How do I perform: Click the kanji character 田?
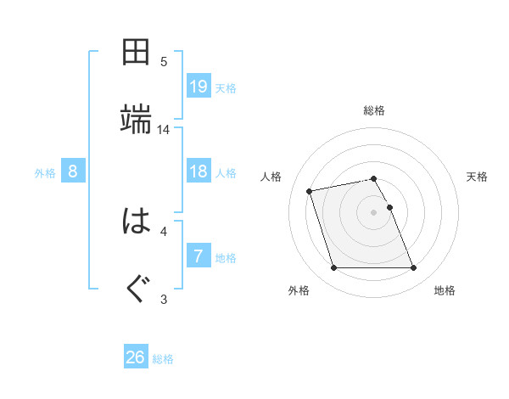(136, 53)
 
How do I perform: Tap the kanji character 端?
(136, 120)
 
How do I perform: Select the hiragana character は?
(136, 222)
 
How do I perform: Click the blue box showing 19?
(199, 87)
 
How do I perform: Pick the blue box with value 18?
(199, 171)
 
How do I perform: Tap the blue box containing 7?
(199, 256)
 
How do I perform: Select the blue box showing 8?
(73, 171)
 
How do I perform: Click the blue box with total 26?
(136, 357)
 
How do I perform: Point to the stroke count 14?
(164, 130)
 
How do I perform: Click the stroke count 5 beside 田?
(164, 62)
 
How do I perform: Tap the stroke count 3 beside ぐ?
(164, 299)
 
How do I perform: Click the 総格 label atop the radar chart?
(374, 110)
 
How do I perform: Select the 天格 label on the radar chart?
(477, 177)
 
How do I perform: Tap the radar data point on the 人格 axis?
(310, 191)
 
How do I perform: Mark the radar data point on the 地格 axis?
(413, 268)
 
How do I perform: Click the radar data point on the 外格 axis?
(333, 268)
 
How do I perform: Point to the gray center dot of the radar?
(374, 212)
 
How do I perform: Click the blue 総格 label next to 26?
(163, 359)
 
